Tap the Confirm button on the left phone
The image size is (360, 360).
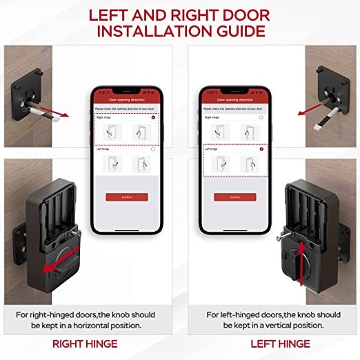pos(126,197)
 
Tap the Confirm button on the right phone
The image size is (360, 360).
pos(234,197)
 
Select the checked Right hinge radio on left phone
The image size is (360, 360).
pos(153,118)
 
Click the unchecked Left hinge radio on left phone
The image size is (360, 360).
pos(153,149)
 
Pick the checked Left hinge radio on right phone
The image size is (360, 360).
pos(261,149)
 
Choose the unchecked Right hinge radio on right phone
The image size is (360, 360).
pos(261,118)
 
